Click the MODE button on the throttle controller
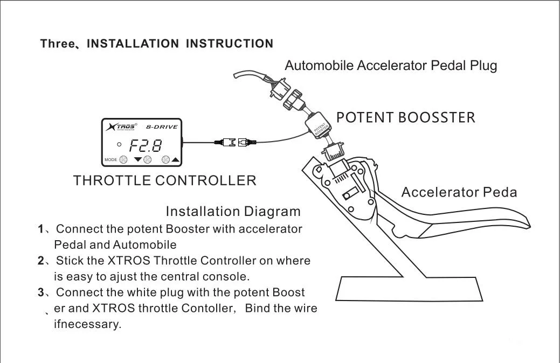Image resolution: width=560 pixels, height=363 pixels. coord(123,159)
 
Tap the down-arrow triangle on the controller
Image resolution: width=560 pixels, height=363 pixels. coord(138,160)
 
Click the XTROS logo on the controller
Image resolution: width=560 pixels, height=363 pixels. coord(122,127)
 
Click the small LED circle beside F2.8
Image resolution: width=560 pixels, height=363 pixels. coord(119,144)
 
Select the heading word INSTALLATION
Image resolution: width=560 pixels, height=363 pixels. coord(132,44)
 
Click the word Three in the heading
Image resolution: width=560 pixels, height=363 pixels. coord(57,44)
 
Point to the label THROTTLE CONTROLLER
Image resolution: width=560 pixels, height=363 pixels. coord(165,180)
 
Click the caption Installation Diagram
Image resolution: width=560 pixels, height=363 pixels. coord(233,211)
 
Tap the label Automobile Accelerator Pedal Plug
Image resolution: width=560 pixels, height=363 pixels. coord(391,66)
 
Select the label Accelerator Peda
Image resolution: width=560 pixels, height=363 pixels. coord(459,192)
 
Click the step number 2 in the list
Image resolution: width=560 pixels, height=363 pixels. coord(41,261)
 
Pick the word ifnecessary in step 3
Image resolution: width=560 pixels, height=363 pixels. coord(87,325)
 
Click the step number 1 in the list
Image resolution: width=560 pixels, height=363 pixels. coord(41,229)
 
